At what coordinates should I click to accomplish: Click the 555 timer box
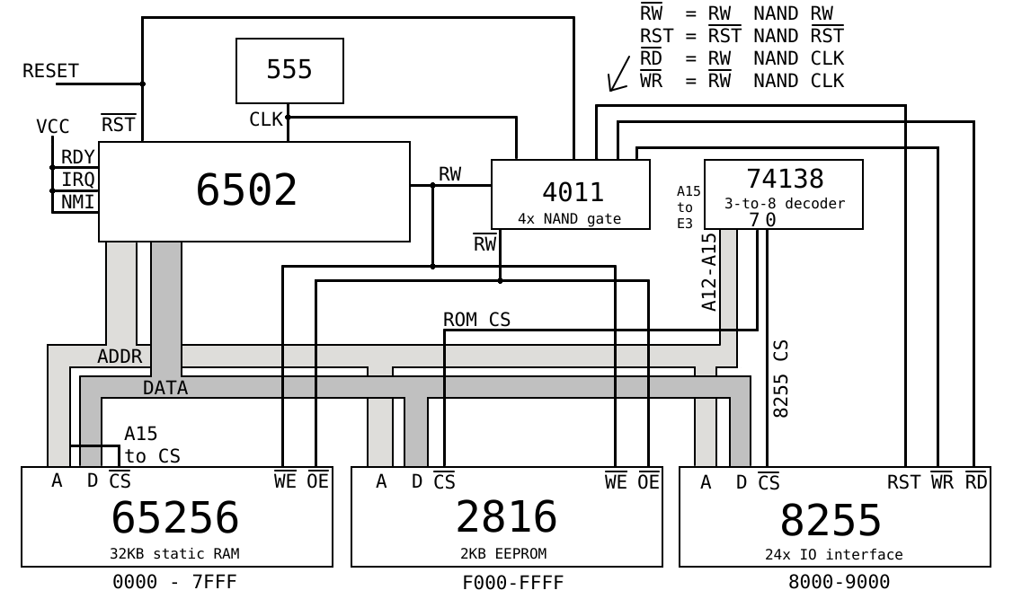tap(289, 70)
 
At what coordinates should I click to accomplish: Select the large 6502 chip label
tap(246, 190)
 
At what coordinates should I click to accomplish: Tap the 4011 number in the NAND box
tap(573, 191)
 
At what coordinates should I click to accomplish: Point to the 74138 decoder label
tap(785, 179)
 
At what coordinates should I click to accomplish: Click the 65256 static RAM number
tap(175, 518)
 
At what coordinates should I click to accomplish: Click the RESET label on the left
tap(50, 71)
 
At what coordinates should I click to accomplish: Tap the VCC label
tap(52, 127)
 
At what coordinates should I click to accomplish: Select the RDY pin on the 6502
tap(77, 158)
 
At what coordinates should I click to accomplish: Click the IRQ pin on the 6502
tap(77, 180)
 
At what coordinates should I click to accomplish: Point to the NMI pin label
tap(77, 202)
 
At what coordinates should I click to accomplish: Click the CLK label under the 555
tap(266, 119)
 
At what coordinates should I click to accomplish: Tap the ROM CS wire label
tap(476, 320)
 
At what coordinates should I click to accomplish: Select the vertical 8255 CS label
tap(781, 377)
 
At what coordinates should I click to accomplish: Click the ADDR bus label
tap(120, 357)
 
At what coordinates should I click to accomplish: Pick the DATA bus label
tap(165, 388)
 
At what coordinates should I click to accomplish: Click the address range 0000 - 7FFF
tap(174, 582)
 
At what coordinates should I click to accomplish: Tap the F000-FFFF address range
tap(513, 583)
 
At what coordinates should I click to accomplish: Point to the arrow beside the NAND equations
tap(618, 75)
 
